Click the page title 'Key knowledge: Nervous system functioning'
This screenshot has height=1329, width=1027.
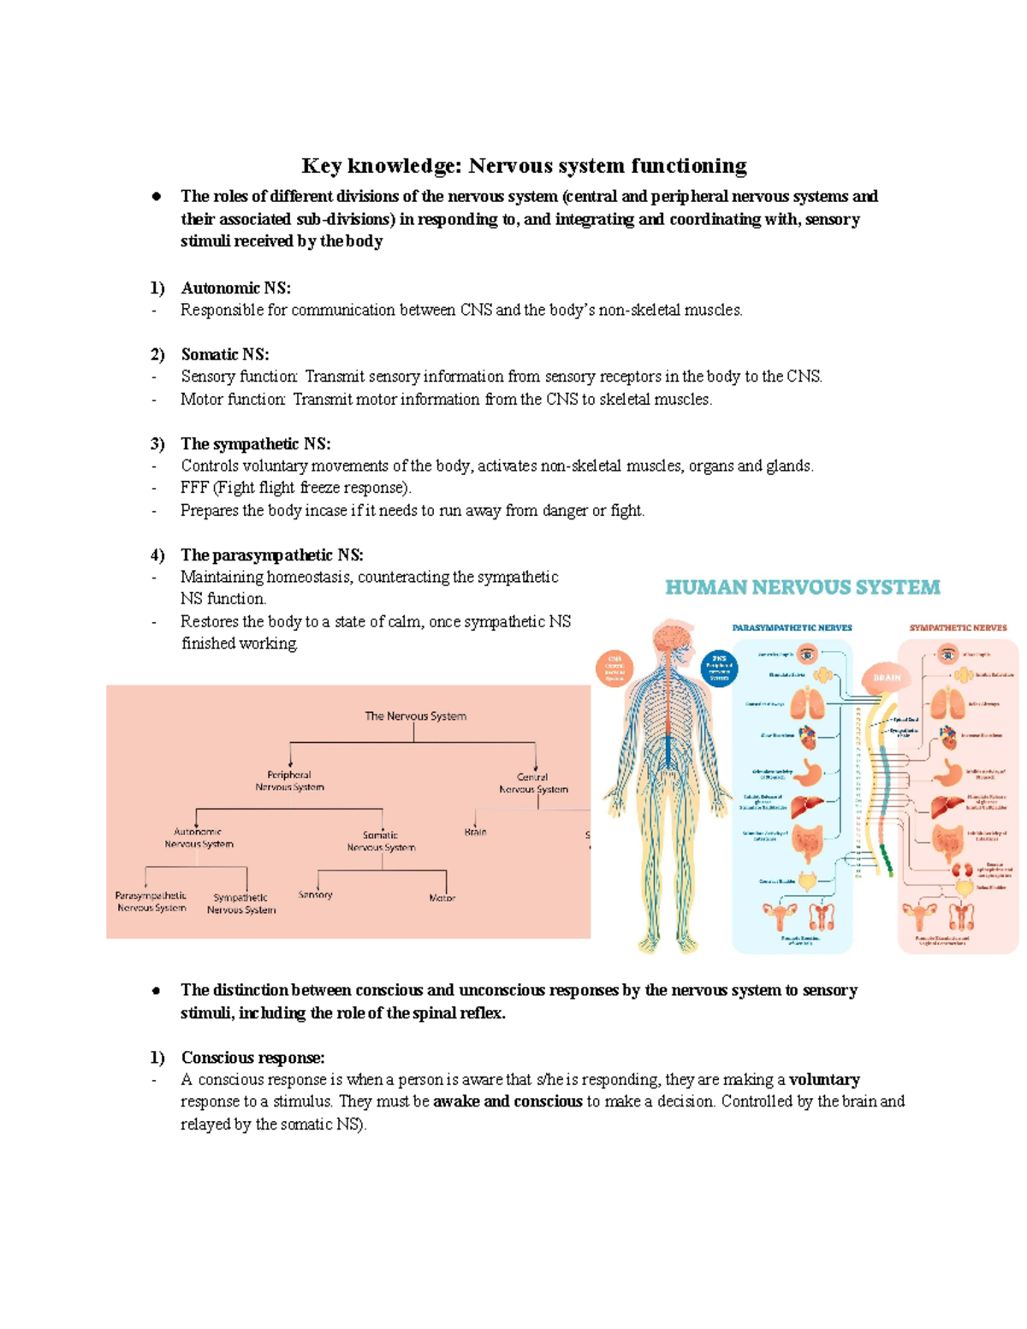click(x=524, y=165)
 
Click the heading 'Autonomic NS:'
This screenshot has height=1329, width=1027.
click(x=235, y=288)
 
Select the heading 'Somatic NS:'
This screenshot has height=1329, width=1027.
click(x=224, y=354)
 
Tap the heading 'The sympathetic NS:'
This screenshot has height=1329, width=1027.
click(x=255, y=444)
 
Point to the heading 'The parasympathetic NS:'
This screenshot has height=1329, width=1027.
click(x=271, y=555)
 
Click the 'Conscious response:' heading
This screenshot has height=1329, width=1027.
click(x=252, y=1058)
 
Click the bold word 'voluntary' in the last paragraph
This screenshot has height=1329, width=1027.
click(x=824, y=1080)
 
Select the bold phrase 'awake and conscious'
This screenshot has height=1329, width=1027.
click(x=508, y=1102)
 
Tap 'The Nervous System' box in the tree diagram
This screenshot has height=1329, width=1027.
click(x=415, y=716)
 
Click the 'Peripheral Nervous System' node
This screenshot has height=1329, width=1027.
click(x=289, y=780)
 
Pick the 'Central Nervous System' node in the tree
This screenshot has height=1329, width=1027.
click(x=533, y=783)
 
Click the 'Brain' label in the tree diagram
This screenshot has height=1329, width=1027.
click(x=475, y=832)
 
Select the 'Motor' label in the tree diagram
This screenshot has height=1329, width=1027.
click(x=442, y=898)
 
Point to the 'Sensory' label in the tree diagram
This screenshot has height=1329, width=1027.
click(x=315, y=894)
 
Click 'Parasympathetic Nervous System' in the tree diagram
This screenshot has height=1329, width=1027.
click(x=151, y=902)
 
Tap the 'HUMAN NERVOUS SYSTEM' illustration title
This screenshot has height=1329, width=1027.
click(x=803, y=588)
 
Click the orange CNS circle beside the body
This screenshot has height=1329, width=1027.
click(x=614, y=667)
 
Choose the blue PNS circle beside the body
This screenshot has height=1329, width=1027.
click(x=719, y=667)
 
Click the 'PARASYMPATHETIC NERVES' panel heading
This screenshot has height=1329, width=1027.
click(x=792, y=627)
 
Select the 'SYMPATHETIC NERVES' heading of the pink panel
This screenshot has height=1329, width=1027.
click(x=958, y=627)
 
